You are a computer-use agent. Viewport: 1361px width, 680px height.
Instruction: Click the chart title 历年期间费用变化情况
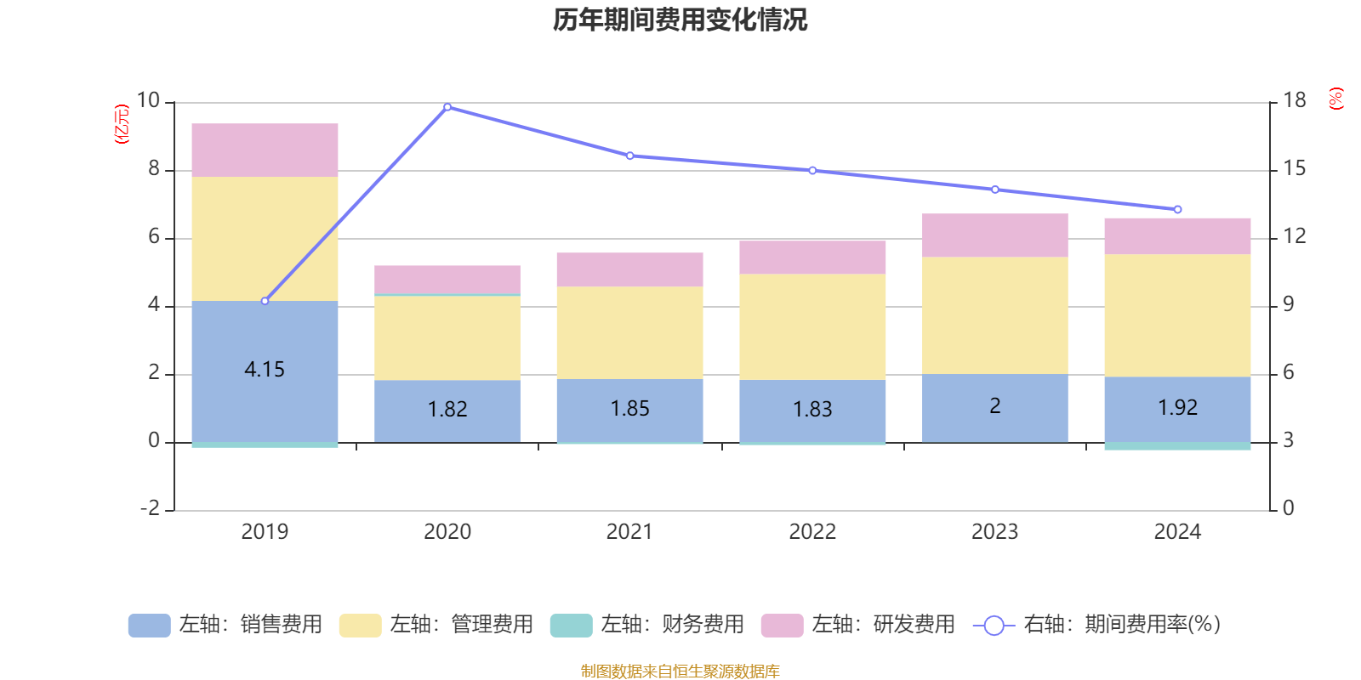(x=680, y=20)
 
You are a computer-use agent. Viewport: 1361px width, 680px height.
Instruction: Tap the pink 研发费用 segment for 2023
(x=994, y=235)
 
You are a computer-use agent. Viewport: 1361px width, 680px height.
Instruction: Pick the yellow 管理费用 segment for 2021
(x=629, y=332)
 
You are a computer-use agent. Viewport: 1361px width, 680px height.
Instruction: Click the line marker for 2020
(x=447, y=107)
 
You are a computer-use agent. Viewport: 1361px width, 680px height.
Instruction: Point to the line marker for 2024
(x=1177, y=209)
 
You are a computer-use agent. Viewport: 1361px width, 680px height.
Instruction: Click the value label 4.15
(x=265, y=370)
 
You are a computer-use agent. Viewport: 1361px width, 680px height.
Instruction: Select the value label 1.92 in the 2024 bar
(x=1177, y=408)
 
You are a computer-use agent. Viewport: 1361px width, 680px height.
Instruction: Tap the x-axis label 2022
(x=812, y=532)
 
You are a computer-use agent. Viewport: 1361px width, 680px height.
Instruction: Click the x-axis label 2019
(x=265, y=532)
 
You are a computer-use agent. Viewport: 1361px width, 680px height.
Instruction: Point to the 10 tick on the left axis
(x=149, y=101)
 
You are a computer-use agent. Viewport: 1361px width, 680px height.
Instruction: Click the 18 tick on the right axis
(x=1295, y=101)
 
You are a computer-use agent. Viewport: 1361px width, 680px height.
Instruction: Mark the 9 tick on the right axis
(x=1289, y=304)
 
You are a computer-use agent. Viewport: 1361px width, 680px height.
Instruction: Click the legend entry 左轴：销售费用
(x=225, y=625)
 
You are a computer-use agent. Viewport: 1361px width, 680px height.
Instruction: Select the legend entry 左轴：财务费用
(x=647, y=625)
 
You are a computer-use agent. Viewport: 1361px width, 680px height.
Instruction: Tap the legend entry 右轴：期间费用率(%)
(x=1096, y=625)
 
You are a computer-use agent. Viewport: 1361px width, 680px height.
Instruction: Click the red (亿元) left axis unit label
(x=122, y=124)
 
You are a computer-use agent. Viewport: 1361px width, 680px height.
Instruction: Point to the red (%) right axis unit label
(x=1336, y=99)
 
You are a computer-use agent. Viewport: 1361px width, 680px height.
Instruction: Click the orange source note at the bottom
(x=680, y=671)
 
